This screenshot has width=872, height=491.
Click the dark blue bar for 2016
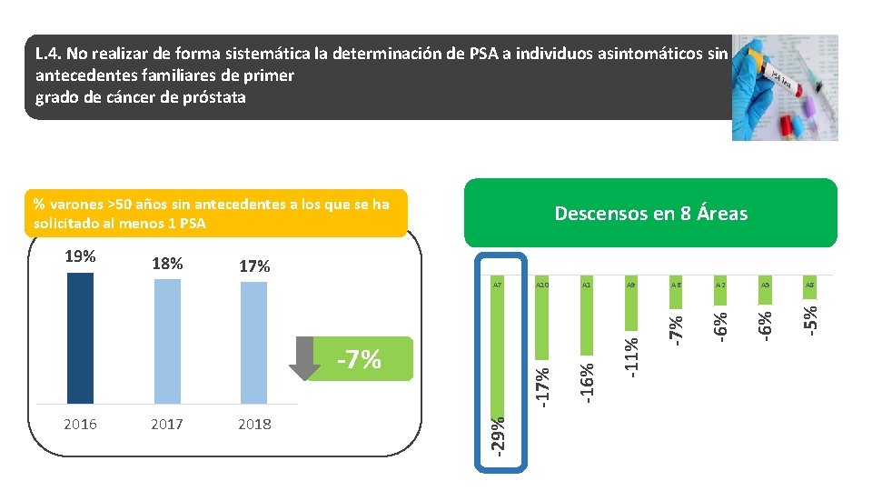80,337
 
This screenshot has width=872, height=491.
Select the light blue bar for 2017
167,341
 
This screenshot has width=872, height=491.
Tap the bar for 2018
254,343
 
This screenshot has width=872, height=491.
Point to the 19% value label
80,256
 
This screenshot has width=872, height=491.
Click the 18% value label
167,265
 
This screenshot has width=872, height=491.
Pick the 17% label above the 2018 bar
254,267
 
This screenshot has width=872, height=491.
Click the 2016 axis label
80,424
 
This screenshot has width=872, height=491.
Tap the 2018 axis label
254,424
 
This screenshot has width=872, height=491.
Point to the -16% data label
588,383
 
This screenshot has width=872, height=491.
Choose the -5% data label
810,316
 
